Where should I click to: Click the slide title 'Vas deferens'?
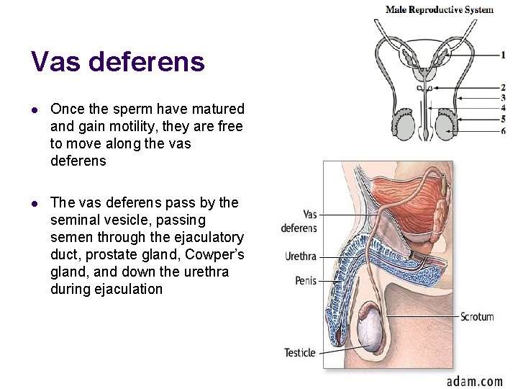(x=118, y=62)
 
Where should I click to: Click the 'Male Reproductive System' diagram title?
(x=440, y=9)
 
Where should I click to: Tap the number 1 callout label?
(x=503, y=55)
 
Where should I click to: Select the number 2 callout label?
(x=503, y=88)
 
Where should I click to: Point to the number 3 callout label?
(x=503, y=98)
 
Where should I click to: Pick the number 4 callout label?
(x=503, y=109)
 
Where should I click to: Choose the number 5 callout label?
(x=503, y=120)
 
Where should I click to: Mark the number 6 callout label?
(x=503, y=130)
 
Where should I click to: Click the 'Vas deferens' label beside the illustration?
(x=299, y=221)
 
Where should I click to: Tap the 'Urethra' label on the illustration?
(x=301, y=256)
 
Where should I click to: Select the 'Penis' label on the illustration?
(x=306, y=280)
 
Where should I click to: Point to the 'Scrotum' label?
(x=477, y=316)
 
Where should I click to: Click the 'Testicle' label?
(x=299, y=352)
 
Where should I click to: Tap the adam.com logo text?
(x=474, y=380)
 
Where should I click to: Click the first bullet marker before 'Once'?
(x=35, y=109)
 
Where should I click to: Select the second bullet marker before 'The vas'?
(x=35, y=203)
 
